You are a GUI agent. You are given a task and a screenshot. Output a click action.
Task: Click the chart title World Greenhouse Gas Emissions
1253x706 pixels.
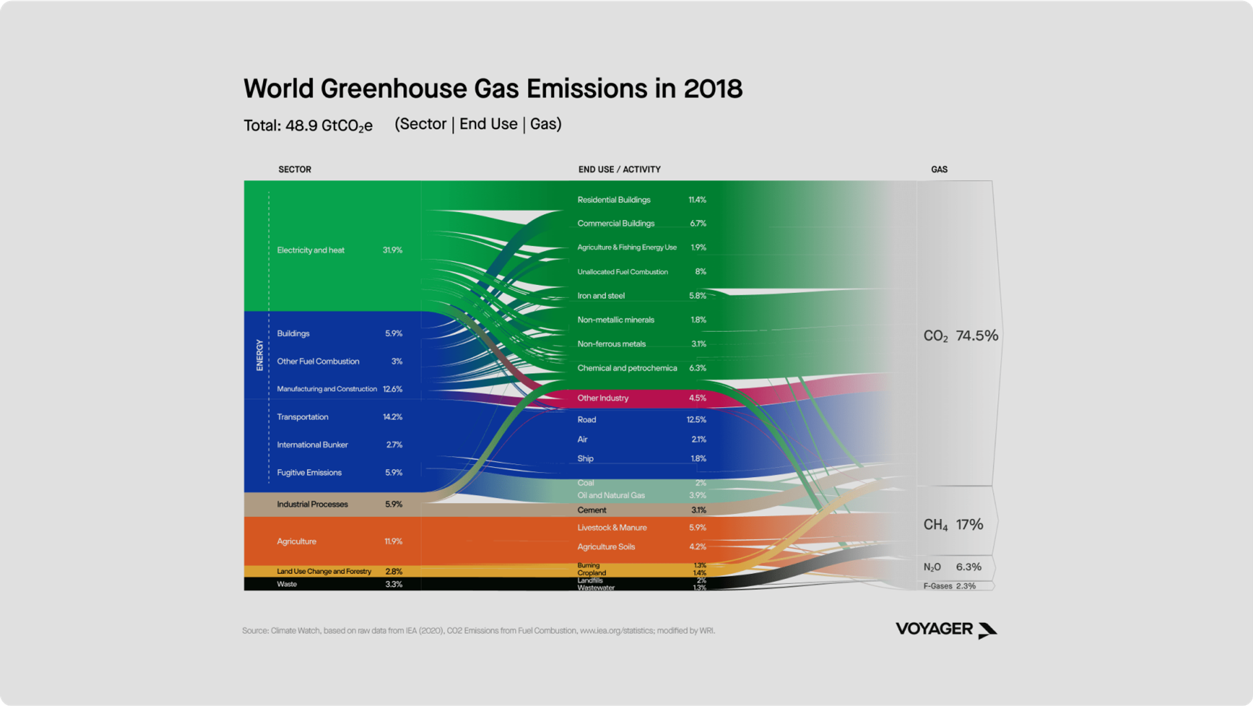click(493, 89)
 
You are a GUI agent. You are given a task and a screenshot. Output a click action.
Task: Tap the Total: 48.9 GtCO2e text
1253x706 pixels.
click(308, 125)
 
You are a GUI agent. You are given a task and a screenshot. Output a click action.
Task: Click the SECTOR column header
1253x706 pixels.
click(294, 169)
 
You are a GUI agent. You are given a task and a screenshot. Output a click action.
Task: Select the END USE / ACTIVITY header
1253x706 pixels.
click(619, 169)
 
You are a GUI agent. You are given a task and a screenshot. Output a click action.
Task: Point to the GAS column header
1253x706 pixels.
click(939, 169)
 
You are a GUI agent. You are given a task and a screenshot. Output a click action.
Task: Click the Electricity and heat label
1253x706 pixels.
click(310, 250)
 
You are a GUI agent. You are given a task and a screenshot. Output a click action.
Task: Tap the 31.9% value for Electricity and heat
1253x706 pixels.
click(392, 250)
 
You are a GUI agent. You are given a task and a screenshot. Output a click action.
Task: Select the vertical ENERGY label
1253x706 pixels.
click(260, 355)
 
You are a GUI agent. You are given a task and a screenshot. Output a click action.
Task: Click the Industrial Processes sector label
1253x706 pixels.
click(312, 504)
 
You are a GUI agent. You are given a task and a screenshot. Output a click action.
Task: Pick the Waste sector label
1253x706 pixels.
click(286, 584)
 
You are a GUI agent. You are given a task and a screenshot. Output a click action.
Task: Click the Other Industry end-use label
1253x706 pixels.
click(603, 398)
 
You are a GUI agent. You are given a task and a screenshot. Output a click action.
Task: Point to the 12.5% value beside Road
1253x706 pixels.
click(696, 420)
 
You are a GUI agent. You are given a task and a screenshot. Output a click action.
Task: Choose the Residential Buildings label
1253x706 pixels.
click(613, 200)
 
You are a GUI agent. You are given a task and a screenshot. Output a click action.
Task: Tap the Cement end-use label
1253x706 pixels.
click(591, 510)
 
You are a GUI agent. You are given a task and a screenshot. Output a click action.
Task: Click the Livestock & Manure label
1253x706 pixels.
click(612, 528)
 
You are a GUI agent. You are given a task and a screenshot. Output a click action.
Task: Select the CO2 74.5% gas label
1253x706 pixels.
click(960, 336)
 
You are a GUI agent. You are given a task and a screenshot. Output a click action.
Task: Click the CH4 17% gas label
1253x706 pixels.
click(953, 524)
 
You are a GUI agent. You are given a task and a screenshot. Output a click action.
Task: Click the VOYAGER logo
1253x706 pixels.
click(945, 630)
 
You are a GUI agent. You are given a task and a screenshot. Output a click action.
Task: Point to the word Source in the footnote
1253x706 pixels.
click(254, 631)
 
